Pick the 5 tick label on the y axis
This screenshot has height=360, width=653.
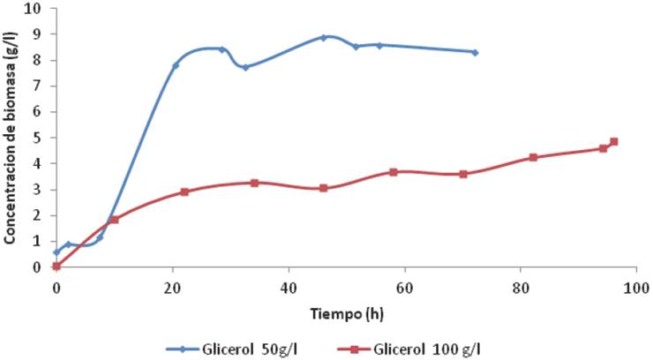[39, 139]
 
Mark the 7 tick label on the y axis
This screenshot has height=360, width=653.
[39, 86]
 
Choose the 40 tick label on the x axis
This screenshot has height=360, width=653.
[288, 288]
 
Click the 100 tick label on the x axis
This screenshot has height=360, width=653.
[635, 288]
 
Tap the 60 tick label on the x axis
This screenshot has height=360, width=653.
[404, 288]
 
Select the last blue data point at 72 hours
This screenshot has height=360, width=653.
[475, 52]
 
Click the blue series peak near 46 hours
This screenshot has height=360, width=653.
[324, 37]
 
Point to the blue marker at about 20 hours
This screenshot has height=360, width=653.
[176, 65]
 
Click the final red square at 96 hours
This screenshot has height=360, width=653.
[614, 142]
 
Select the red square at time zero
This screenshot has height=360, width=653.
[56, 266]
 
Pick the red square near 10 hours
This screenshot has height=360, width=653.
[114, 220]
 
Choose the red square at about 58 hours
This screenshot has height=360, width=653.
[394, 172]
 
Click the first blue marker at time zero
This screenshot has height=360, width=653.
[56, 252]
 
